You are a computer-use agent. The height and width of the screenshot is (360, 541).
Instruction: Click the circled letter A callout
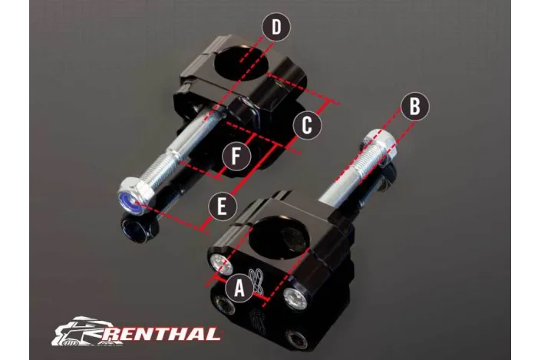click(x=239, y=288)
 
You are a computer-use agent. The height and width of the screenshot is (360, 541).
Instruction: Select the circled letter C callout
click(x=306, y=125)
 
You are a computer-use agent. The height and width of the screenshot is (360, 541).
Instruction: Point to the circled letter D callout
click(x=276, y=28)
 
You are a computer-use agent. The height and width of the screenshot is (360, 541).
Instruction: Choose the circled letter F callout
click(x=237, y=157)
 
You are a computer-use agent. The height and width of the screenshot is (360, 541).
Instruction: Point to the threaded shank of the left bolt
click(x=173, y=167)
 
